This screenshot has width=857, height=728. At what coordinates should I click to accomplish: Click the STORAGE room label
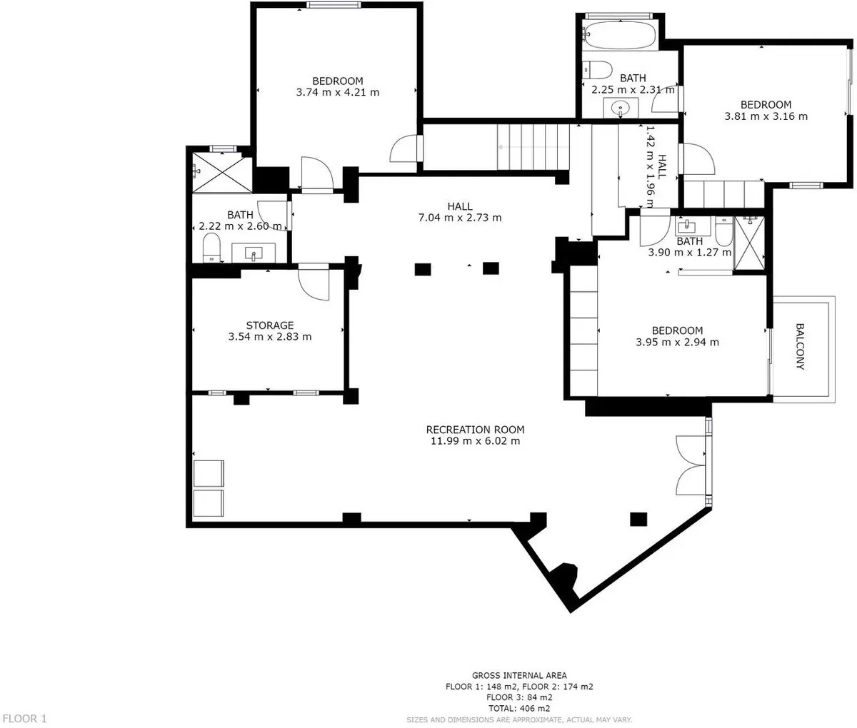coord(269,325)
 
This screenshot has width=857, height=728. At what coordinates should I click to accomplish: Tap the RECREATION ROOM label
coord(476,429)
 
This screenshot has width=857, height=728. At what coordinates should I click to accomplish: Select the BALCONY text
coord(800,346)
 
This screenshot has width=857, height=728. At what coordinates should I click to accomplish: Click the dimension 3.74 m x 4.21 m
coord(338,92)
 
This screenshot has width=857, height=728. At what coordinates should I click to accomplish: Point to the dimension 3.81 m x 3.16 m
coord(766,116)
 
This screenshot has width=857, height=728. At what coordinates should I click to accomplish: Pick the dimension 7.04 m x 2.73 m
coord(460,217)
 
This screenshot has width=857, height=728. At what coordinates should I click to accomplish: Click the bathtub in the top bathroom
coord(619,35)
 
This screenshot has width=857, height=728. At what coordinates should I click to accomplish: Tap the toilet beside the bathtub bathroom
coord(597,70)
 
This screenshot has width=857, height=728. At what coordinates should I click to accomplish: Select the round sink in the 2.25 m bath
coord(621,108)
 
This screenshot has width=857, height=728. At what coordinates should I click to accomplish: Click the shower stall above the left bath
coord(223,173)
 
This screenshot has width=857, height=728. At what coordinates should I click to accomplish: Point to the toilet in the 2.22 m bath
coord(211,248)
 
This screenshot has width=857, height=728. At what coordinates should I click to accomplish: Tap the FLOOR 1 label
coord(25,719)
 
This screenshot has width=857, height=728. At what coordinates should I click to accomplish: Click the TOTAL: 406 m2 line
coord(519,708)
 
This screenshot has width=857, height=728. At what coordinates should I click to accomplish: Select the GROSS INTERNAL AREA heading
coord(519,675)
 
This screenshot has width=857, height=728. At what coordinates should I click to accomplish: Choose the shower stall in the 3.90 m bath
coord(749,243)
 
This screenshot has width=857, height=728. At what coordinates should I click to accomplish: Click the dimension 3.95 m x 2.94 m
coord(678,342)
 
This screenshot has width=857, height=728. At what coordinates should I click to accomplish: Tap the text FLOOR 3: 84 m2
coord(519,697)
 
